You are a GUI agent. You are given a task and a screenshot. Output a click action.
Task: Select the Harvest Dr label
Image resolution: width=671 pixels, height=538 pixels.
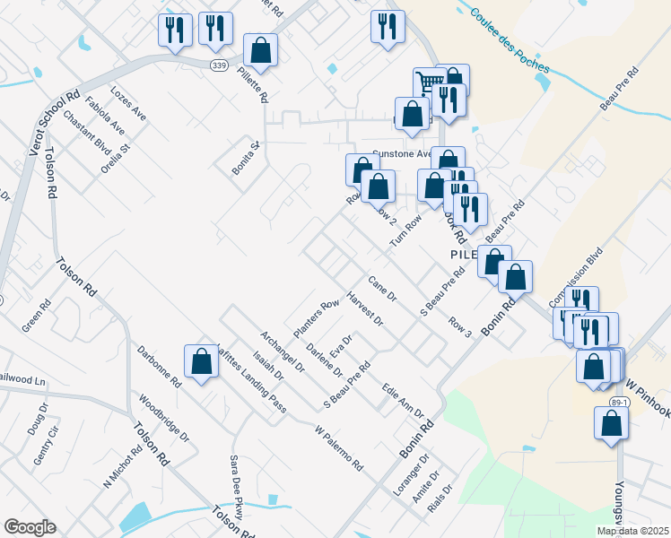[364, 310]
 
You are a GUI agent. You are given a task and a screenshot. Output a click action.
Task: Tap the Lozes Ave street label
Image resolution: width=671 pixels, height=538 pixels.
[127, 104]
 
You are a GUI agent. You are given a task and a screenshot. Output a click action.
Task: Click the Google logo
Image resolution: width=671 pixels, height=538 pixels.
[30, 527]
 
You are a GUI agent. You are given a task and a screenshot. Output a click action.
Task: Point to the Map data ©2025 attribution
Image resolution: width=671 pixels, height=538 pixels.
[632, 531]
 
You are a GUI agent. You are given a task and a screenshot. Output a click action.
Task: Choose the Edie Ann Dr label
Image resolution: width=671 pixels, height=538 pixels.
[402, 400]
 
